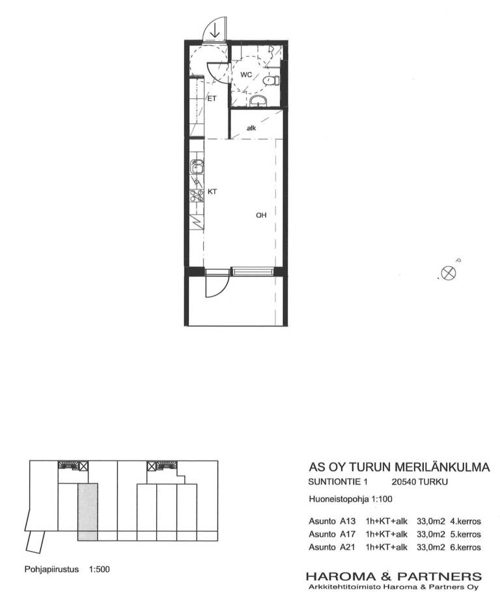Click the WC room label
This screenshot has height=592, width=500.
[x=246, y=75]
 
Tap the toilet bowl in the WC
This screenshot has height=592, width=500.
[x=271, y=81]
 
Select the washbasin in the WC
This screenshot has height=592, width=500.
[x=258, y=100]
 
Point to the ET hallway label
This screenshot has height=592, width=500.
[x=212, y=98]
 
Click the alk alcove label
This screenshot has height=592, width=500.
[x=251, y=128]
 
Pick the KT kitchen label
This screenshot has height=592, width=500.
[x=212, y=192]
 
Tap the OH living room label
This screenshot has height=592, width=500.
[x=261, y=215]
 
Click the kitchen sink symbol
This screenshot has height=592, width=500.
[x=197, y=167]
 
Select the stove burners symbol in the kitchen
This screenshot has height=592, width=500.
[x=197, y=195]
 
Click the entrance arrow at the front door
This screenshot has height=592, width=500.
[x=215, y=30]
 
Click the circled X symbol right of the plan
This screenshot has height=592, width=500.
[x=449, y=273]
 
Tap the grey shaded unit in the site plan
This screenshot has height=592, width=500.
[x=88, y=513]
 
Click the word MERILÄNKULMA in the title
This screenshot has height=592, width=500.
[x=442, y=467]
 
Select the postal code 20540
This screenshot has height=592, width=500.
[x=403, y=482]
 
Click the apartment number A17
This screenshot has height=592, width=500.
[x=348, y=534]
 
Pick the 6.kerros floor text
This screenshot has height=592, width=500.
[x=465, y=548]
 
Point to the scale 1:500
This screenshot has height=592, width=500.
[x=100, y=569]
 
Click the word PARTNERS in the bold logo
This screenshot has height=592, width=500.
[x=439, y=576]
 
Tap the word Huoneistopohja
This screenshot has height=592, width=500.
[x=339, y=499]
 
